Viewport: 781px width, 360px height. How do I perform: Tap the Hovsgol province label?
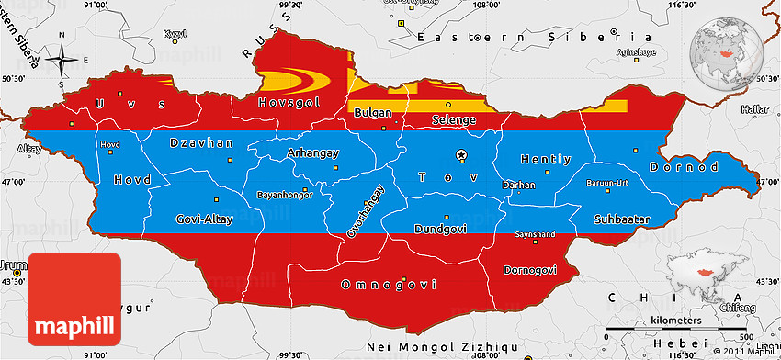(289, 102)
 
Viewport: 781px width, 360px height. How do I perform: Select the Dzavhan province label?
(202, 143)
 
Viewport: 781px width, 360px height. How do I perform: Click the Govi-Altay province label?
(204, 219)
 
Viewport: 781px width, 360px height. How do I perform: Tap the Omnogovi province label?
(388, 285)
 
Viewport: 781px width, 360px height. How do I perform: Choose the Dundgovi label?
(441, 228)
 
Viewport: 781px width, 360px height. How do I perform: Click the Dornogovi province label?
(530, 269)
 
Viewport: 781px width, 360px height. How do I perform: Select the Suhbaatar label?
(622, 219)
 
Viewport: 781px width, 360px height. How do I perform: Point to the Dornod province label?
(684, 168)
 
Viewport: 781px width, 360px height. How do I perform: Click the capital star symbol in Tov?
(464, 154)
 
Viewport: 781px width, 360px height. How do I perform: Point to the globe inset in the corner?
(732, 45)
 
